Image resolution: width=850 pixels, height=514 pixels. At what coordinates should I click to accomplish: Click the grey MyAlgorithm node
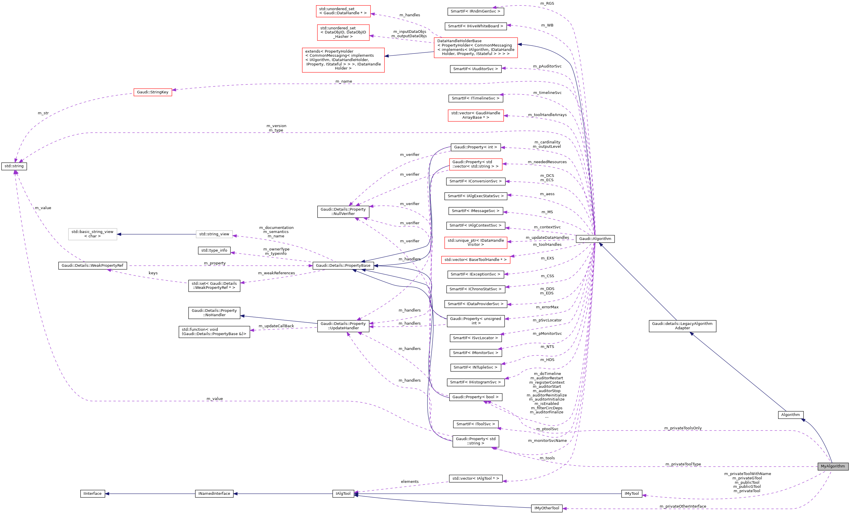click(x=833, y=466)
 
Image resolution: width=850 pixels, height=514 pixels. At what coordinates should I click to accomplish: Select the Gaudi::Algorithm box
click(x=595, y=239)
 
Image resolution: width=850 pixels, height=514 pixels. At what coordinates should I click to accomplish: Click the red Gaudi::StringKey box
click(x=152, y=92)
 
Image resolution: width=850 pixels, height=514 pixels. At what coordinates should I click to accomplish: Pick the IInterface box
click(x=93, y=493)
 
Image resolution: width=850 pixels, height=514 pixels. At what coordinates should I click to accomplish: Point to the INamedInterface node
click(x=214, y=493)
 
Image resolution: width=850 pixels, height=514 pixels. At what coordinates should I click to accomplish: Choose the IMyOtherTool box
click(x=546, y=508)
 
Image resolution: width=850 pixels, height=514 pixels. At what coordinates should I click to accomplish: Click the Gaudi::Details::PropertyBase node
click(x=343, y=266)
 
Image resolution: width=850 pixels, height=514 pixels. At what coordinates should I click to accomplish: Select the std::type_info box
click(x=214, y=250)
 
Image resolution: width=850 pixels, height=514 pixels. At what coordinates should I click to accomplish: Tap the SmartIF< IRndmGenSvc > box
click(x=475, y=11)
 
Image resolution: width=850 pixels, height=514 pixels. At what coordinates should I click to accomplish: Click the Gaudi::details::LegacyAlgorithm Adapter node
click(x=682, y=326)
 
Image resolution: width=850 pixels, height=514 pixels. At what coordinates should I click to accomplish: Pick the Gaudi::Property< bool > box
click(x=475, y=397)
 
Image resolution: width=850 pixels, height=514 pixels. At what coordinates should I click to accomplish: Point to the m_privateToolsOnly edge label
click(x=683, y=428)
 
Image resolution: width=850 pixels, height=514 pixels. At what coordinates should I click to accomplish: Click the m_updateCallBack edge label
click(x=276, y=326)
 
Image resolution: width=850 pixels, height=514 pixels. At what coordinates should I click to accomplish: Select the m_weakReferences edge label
click(x=276, y=273)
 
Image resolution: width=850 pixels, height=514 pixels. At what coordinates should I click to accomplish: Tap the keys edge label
click(x=153, y=273)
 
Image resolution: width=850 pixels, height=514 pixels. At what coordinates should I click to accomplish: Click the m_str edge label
click(x=43, y=113)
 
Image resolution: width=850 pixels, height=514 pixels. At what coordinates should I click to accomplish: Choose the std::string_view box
click(x=214, y=234)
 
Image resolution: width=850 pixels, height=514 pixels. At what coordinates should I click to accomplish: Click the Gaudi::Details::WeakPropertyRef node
click(x=93, y=266)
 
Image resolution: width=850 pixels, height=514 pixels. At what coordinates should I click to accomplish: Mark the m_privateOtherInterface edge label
click(x=683, y=506)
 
